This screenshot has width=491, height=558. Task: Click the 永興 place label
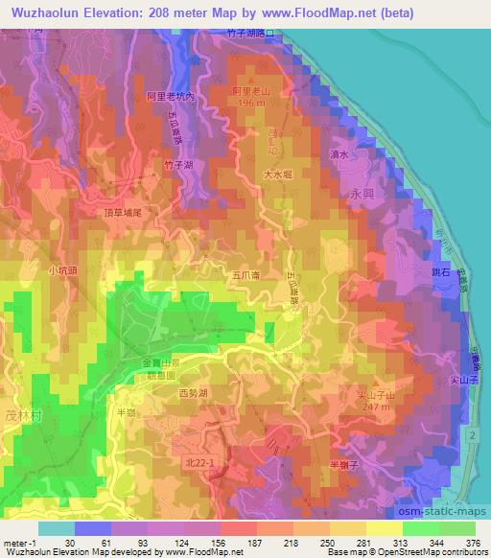[361, 193]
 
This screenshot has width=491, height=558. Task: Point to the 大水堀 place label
[278, 175]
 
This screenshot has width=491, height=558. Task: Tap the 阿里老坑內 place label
[169, 97]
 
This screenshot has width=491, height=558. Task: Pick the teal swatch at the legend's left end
[57, 528]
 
